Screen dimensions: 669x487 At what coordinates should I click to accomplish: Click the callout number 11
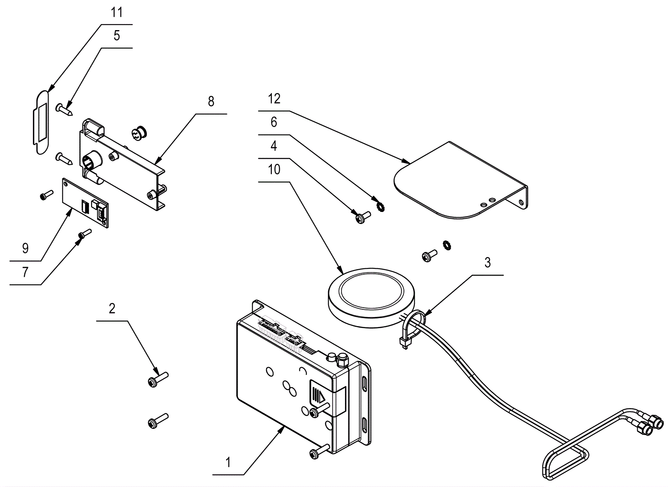pyautogui.click(x=117, y=13)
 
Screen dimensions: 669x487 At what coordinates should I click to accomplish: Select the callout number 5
pyautogui.click(x=117, y=36)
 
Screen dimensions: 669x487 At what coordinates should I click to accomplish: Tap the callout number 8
pyautogui.click(x=211, y=102)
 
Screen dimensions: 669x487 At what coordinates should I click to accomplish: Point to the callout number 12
pyautogui.click(x=274, y=99)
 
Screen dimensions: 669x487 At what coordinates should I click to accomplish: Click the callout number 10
pyautogui.click(x=274, y=170)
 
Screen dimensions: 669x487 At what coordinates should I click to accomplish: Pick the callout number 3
pyautogui.click(x=488, y=263)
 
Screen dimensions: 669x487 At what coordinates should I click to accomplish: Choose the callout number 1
pyautogui.click(x=228, y=462)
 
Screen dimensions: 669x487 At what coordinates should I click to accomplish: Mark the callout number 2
pyautogui.click(x=112, y=309)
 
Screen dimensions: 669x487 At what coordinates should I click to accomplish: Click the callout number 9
pyautogui.click(x=26, y=248)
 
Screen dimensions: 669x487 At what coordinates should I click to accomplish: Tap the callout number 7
pyautogui.click(x=26, y=272)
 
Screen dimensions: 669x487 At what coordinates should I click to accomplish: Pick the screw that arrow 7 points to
pyautogui.click(x=84, y=233)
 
